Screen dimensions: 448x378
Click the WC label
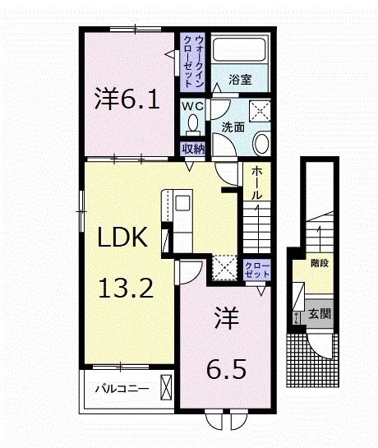pyautogui.click(x=192, y=104)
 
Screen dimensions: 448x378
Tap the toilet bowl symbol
pyautogui.click(x=193, y=124)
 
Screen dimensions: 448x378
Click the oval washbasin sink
pyautogui.click(x=260, y=145)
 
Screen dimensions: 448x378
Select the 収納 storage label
pyautogui.click(x=192, y=149)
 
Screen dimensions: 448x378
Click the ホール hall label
pyautogui.click(x=256, y=183)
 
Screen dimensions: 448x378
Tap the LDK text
pyautogui.click(x=123, y=238)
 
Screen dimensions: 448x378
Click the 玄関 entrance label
pyautogui.click(x=319, y=313)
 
